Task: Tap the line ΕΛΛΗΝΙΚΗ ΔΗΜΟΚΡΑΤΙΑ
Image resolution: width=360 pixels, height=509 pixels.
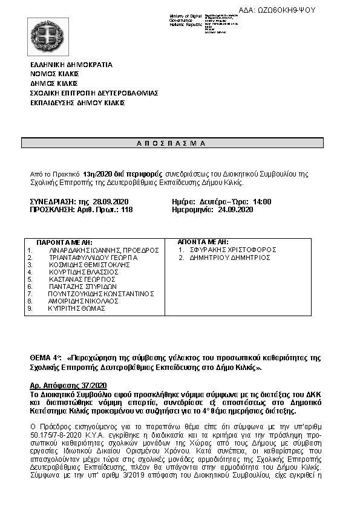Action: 71,64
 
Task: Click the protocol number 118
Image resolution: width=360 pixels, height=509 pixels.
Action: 127,210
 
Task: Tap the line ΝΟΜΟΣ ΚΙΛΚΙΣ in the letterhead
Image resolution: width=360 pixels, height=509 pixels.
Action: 55,74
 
